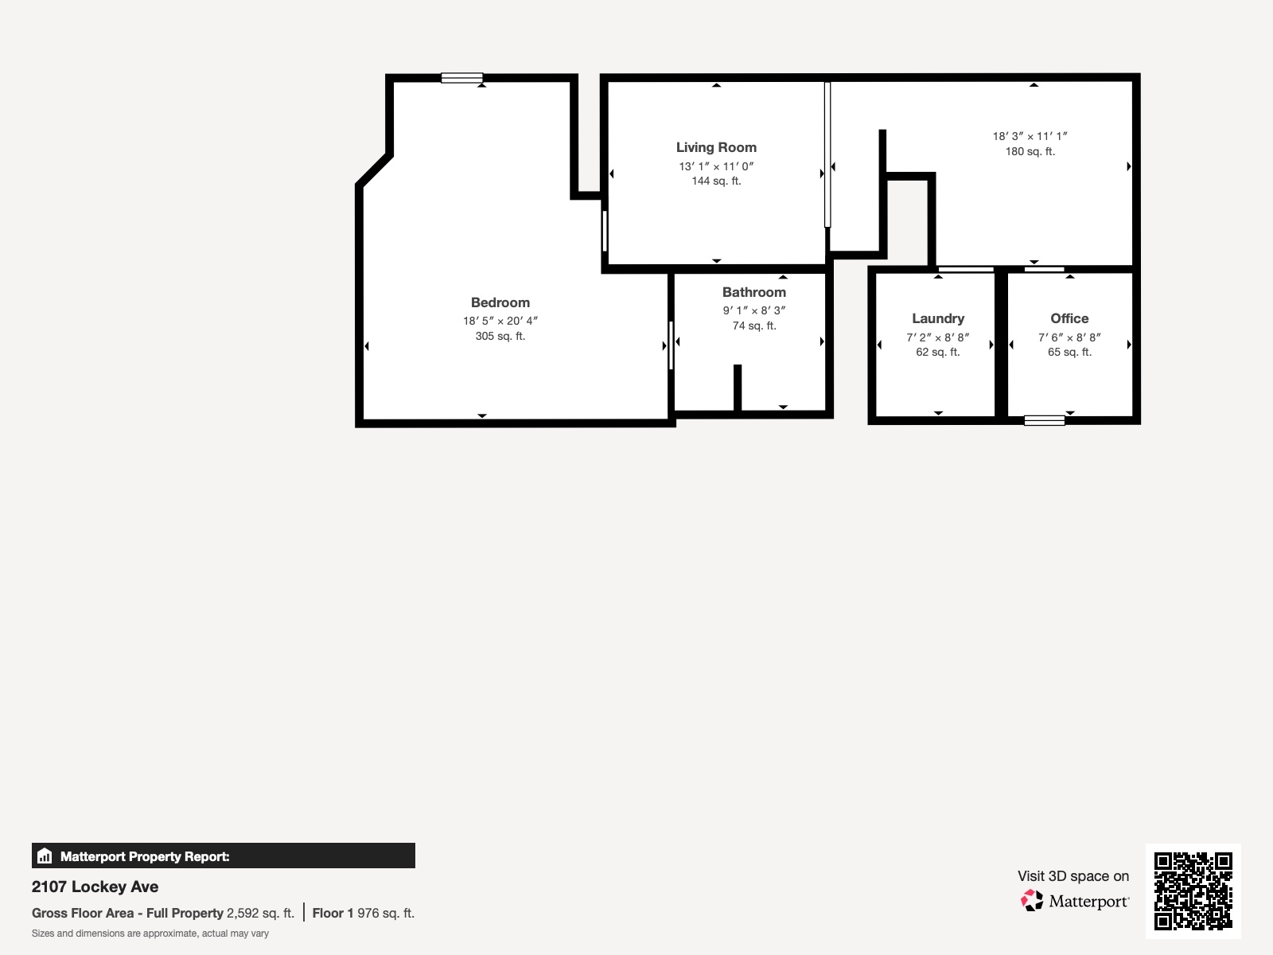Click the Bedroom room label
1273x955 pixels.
[x=500, y=302]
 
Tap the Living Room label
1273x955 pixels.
[x=716, y=148]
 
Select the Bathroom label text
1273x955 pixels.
[x=754, y=292]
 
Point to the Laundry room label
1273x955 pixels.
[x=938, y=319]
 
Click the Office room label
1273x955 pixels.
[x=1069, y=318]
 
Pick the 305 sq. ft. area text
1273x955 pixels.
[x=500, y=337]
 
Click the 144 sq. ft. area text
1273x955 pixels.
[x=716, y=181]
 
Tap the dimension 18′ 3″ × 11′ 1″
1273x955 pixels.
[x=1030, y=136]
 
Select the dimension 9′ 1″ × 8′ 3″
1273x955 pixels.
[x=754, y=310]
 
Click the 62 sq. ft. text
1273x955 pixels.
[x=938, y=352]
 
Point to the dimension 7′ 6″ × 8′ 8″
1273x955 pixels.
[x=1069, y=337]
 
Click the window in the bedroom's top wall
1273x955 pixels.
[x=461, y=78]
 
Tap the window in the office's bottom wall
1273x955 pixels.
[x=1044, y=420]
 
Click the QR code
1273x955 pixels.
[x=1193, y=891]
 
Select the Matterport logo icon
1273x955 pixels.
[x=1032, y=901]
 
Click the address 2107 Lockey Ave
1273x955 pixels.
[x=95, y=887]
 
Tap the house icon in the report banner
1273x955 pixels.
[x=45, y=856]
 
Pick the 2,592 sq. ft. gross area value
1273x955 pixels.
[x=260, y=914]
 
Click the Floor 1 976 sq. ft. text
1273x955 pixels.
[x=364, y=914]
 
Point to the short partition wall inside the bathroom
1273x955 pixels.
[x=737, y=388]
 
